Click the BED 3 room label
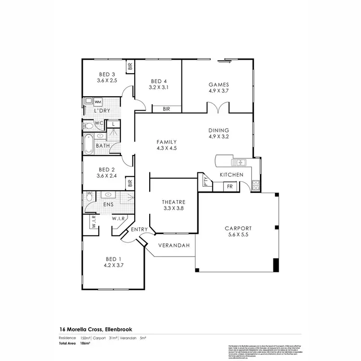[106, 74]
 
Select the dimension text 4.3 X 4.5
[167, 148]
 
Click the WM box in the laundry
[98, 102]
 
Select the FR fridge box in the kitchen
[230, 186]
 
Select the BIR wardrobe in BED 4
[167, 109]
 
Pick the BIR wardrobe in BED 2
[129, 183]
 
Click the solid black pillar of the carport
[276, 265]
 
